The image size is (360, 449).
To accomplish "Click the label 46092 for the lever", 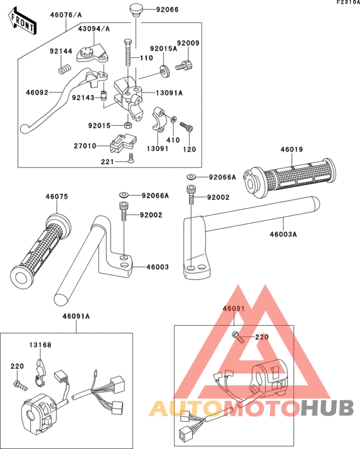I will pos(37,93).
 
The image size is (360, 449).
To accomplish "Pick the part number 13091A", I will pos(170,92).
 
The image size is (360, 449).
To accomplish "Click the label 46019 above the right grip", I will pos(291,150).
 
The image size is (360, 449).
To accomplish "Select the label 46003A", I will pos(283,235).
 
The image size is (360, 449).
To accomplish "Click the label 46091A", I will pos(76,316).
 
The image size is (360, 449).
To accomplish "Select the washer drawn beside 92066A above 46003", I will pos(123,195).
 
